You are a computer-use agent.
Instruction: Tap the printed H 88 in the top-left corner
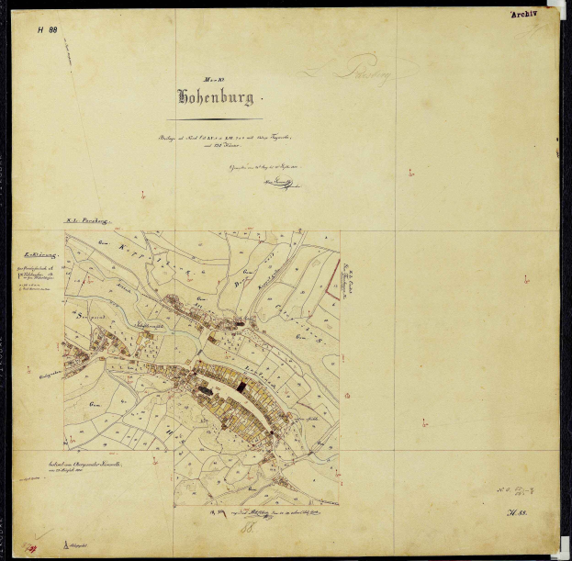click(x=48, y=29)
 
